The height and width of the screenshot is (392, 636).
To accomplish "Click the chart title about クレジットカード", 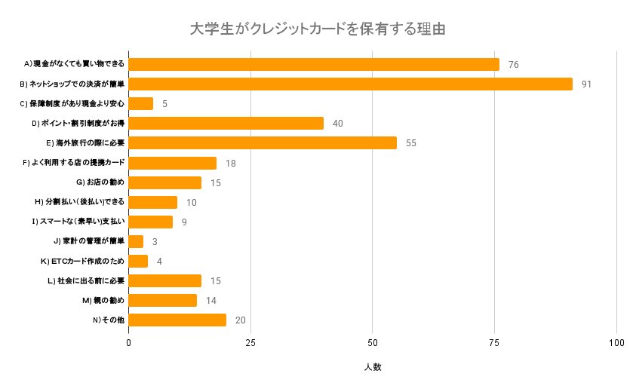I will coord(318,29).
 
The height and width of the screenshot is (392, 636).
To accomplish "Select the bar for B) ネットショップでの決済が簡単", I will coord(351,84).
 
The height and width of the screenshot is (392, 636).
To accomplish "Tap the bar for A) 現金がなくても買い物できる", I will coord(314,64).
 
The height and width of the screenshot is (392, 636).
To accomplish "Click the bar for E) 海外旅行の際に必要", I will coord(263,142).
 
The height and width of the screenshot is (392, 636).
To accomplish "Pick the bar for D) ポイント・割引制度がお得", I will coord(226,123).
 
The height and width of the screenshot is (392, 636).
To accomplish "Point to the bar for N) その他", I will coord(177,320).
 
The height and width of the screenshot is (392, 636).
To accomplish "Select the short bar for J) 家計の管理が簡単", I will coord(136,241).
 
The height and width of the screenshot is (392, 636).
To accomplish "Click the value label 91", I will coord(586,84).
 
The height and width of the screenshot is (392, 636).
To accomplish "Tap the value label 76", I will coord(513,64).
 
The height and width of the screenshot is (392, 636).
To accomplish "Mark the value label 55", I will coord(410,142).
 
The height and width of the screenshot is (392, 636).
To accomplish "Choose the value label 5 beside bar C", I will coord(164,103).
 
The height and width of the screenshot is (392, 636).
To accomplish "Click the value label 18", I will coord(230,163).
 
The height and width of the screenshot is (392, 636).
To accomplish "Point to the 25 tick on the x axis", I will coord(250,343).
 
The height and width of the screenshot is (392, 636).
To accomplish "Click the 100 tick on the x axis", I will coord(616,343).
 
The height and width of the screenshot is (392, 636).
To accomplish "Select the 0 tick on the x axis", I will coord(129,343).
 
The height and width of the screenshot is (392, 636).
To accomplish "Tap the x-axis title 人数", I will coord(373,367).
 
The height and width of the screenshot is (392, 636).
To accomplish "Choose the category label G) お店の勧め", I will coord(100,182).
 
